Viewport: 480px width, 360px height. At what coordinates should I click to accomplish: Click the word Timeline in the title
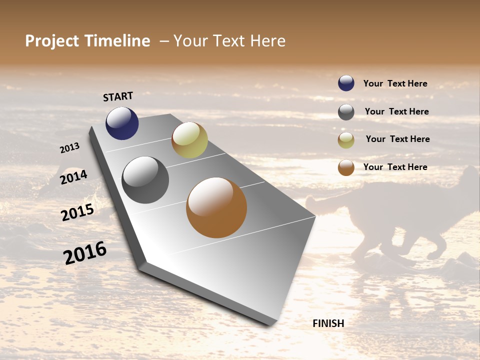[x=117, y=41]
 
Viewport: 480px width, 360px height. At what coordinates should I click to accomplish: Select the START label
[x=118, y=96]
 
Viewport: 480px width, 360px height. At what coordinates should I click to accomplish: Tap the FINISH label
[x=328, y=323]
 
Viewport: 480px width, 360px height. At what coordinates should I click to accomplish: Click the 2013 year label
[x=69, y=148]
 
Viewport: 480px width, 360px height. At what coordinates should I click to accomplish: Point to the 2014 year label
[x=73, y=177]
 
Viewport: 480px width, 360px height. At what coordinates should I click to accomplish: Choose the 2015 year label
[x=77, y=212]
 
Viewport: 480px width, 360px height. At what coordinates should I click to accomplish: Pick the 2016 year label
[x=85, y=253]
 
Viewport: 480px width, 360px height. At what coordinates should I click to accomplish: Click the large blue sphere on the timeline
[x=122, y=123]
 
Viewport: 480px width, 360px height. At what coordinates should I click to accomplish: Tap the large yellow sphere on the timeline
[x=189, y=140]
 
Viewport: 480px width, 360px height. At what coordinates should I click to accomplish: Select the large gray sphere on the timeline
[x=145, y=180]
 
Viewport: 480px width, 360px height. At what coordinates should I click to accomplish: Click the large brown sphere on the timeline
[x=216, y=207]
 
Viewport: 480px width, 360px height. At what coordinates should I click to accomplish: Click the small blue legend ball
[x=346, y=83]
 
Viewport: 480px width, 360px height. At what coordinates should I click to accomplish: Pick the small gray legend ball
[x=346, y=112]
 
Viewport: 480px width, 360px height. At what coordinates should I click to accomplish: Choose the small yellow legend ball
[x=346, y=140]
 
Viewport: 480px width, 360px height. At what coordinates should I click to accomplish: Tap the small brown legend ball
[x=346, y=167]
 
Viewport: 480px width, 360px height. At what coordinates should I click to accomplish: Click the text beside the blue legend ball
[x=395, y=83]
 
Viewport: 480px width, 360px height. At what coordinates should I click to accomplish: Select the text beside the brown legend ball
[x=395, y=167]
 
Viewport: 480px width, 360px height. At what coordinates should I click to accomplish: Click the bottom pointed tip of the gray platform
[x=270, y=324]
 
